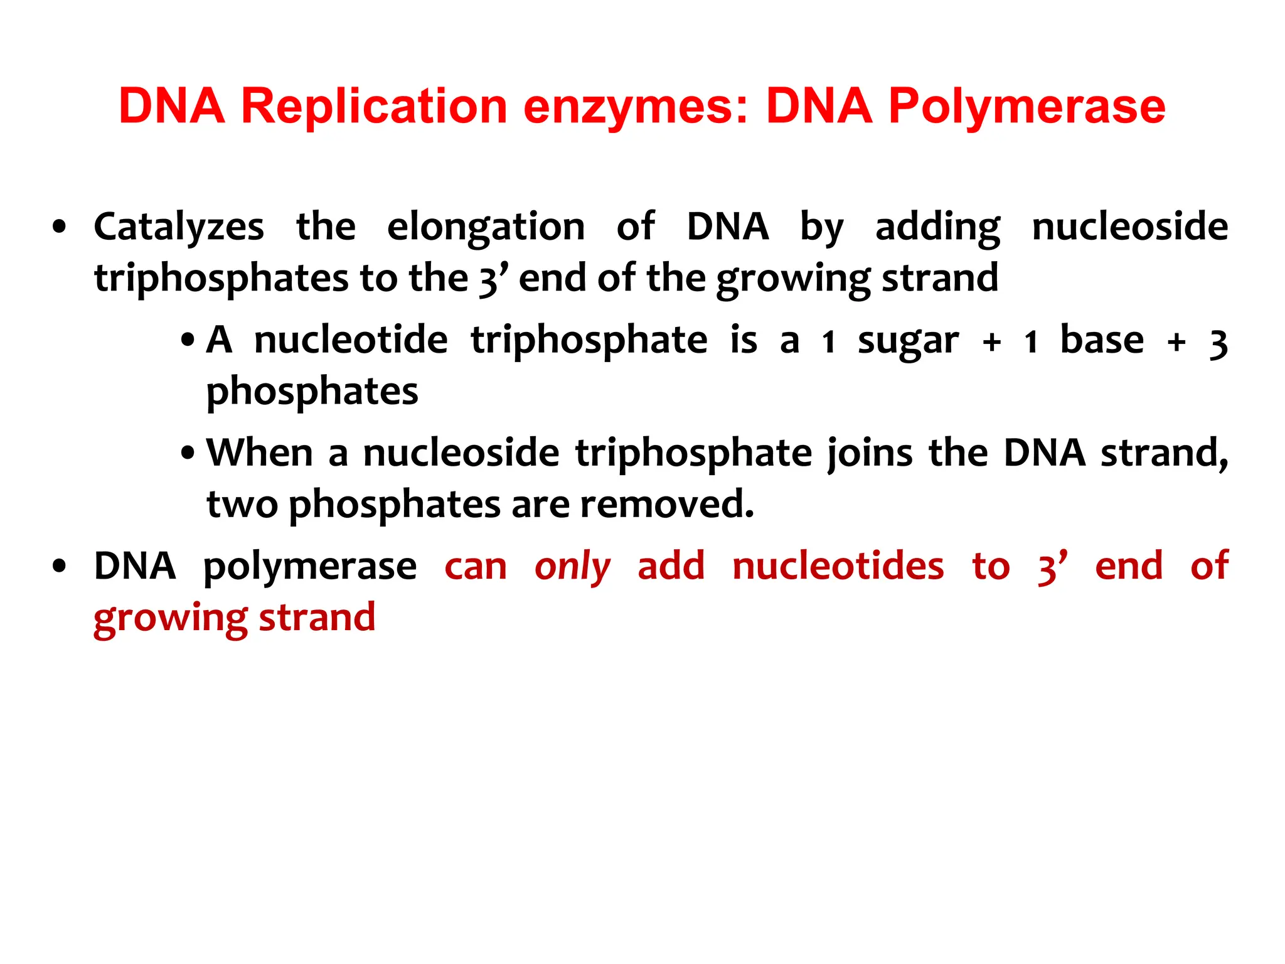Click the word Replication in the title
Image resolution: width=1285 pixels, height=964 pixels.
tap(374, 106)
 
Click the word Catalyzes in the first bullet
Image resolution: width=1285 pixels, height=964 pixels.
tap(179, 227)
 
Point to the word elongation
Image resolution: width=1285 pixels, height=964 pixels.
tap(486, 227)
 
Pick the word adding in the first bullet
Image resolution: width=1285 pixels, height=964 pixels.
tap(937, 227)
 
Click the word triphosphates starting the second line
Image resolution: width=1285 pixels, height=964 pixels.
tap(220, 278)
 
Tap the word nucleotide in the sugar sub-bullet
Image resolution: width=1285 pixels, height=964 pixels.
tap(351, 340)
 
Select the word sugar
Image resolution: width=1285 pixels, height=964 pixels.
tap(908, 341)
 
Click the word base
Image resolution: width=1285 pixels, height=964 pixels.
tap(1102, 340)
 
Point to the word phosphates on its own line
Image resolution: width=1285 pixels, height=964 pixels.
tap(312, 392)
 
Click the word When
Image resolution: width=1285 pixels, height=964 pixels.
tap(260, 453)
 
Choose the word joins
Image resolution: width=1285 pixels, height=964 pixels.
tap(870, 454)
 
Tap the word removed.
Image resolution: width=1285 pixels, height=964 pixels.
tap(666, 504)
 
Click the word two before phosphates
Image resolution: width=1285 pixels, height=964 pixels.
tap(242, 505)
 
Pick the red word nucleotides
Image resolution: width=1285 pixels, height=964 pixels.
tap(838, 566)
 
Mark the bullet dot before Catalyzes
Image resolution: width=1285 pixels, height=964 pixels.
tap(60, 227)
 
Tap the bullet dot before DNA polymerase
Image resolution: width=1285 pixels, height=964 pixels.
tap(60, 567)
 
